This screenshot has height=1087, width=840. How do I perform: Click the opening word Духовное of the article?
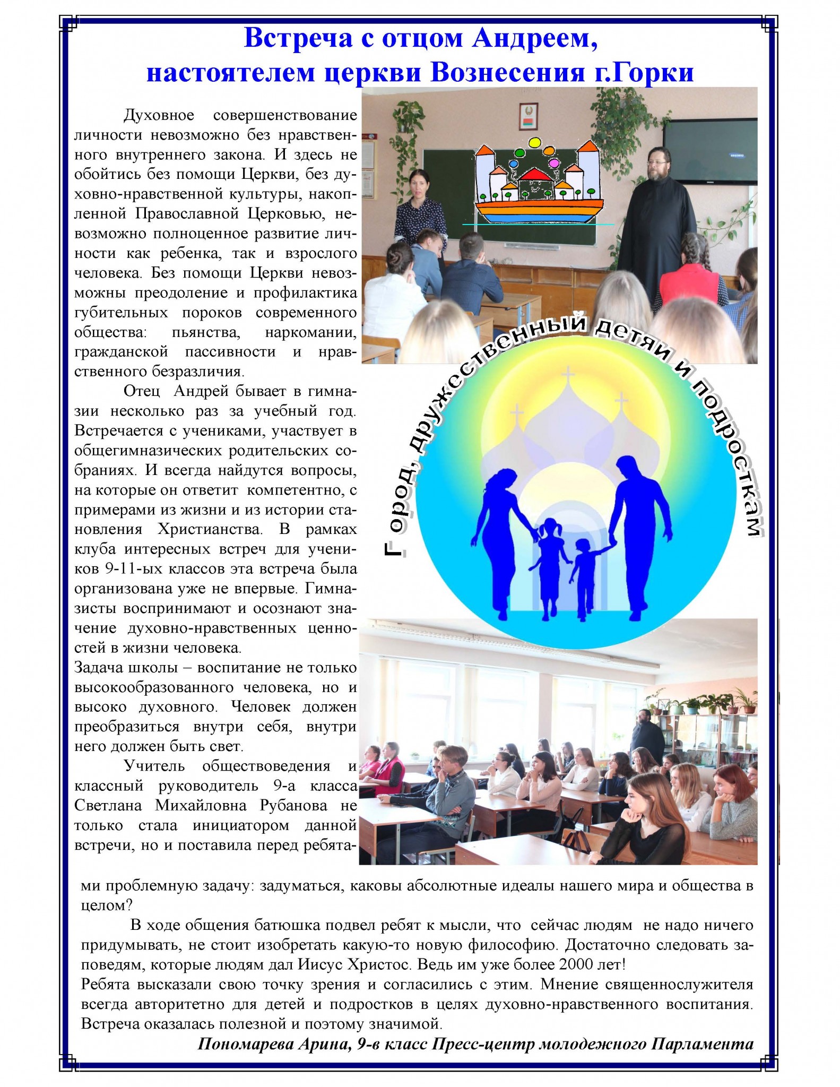[159, 115]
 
